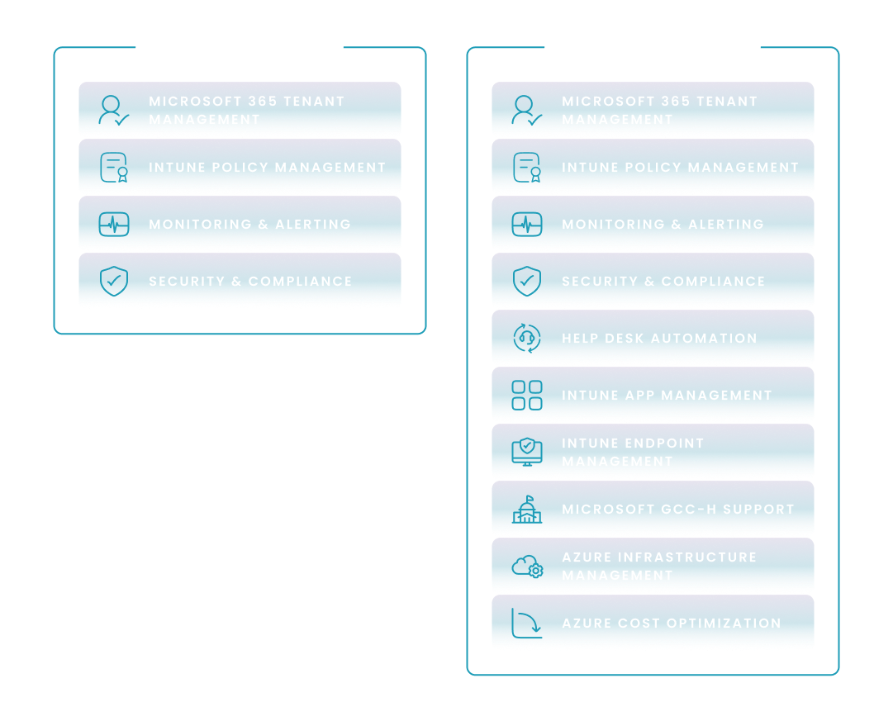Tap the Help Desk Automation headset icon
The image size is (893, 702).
tap(527, 339)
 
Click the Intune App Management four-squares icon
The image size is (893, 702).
tap(527, 396)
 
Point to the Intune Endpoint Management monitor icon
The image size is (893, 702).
tap(527, 452)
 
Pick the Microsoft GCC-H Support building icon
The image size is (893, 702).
tap(527, 510)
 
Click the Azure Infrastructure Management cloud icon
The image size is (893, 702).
tap(527, 567)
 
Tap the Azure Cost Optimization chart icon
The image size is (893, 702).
tap(527, 624)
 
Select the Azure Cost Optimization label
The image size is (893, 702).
tap(671, 624)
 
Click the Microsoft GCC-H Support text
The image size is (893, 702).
tap(677, 510)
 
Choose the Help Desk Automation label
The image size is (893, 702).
tap(659, 339)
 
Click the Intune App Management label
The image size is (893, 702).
tap(667, 396)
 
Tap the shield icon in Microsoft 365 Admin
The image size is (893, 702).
tap(114, 282)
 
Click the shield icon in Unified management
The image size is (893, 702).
tap(527, 282)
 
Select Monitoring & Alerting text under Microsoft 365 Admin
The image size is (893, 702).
tap(249, 225)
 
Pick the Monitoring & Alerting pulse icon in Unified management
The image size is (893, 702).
tap(527, 225)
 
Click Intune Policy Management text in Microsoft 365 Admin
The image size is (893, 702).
tap(267, 168)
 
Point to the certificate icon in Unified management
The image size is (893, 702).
tap(527, 168)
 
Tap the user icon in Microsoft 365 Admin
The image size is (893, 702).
tap(114, 111)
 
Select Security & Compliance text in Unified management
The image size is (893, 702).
tap(663, 282)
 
